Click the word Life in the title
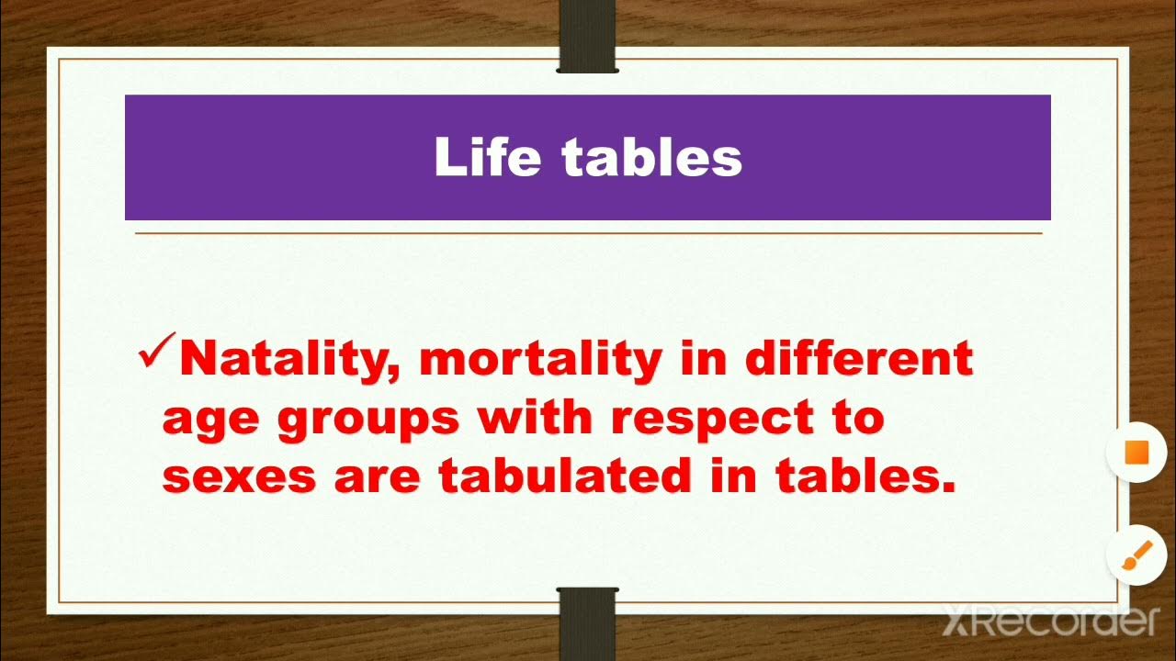click(x=487, y=157)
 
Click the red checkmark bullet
click(x=155, y=352)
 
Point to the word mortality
click(x=540, y=359)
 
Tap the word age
click(x=210, y=419)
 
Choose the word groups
click(x=367, y=419)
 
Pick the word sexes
click(x=239, y=477)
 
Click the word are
click(x=379, y=477)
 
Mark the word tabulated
click(x=564, y=476)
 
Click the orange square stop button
click(x=1137, y=453)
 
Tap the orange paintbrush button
click(x=1137, y=555)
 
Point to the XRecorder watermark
click(x=1049, y=622)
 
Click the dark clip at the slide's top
click(x=588, y=37)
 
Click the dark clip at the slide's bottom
click(x=588, y=624)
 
